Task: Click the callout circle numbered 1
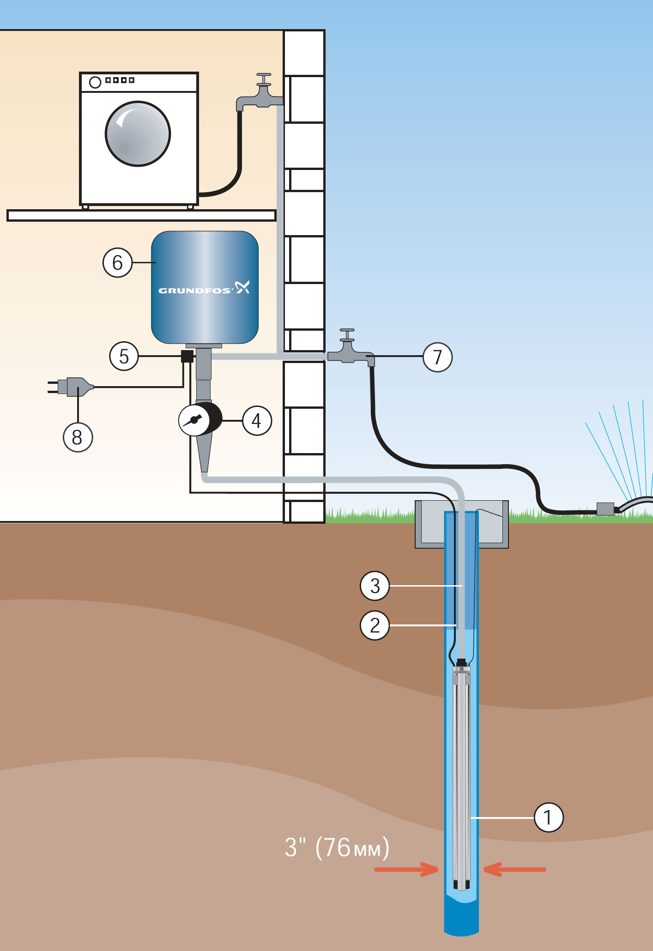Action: click(549, 818)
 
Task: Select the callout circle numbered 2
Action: click(375, 625)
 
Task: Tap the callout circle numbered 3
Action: click(375, 586)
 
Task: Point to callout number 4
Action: click(257, 421)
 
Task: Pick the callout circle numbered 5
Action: click(124, 356)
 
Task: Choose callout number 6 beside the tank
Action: click(117, 262)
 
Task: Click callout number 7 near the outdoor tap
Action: click(437, 357)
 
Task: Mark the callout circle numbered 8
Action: click(78, 437)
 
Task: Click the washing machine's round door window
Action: click(138, 134)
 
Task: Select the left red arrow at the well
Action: click(406, 869)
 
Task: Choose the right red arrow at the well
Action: click(515, 869)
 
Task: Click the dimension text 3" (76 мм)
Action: click(337, 848)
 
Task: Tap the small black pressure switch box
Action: click(187, 356)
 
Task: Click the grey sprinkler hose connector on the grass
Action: click(605, 509)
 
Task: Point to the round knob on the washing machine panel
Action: click(95, 82)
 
